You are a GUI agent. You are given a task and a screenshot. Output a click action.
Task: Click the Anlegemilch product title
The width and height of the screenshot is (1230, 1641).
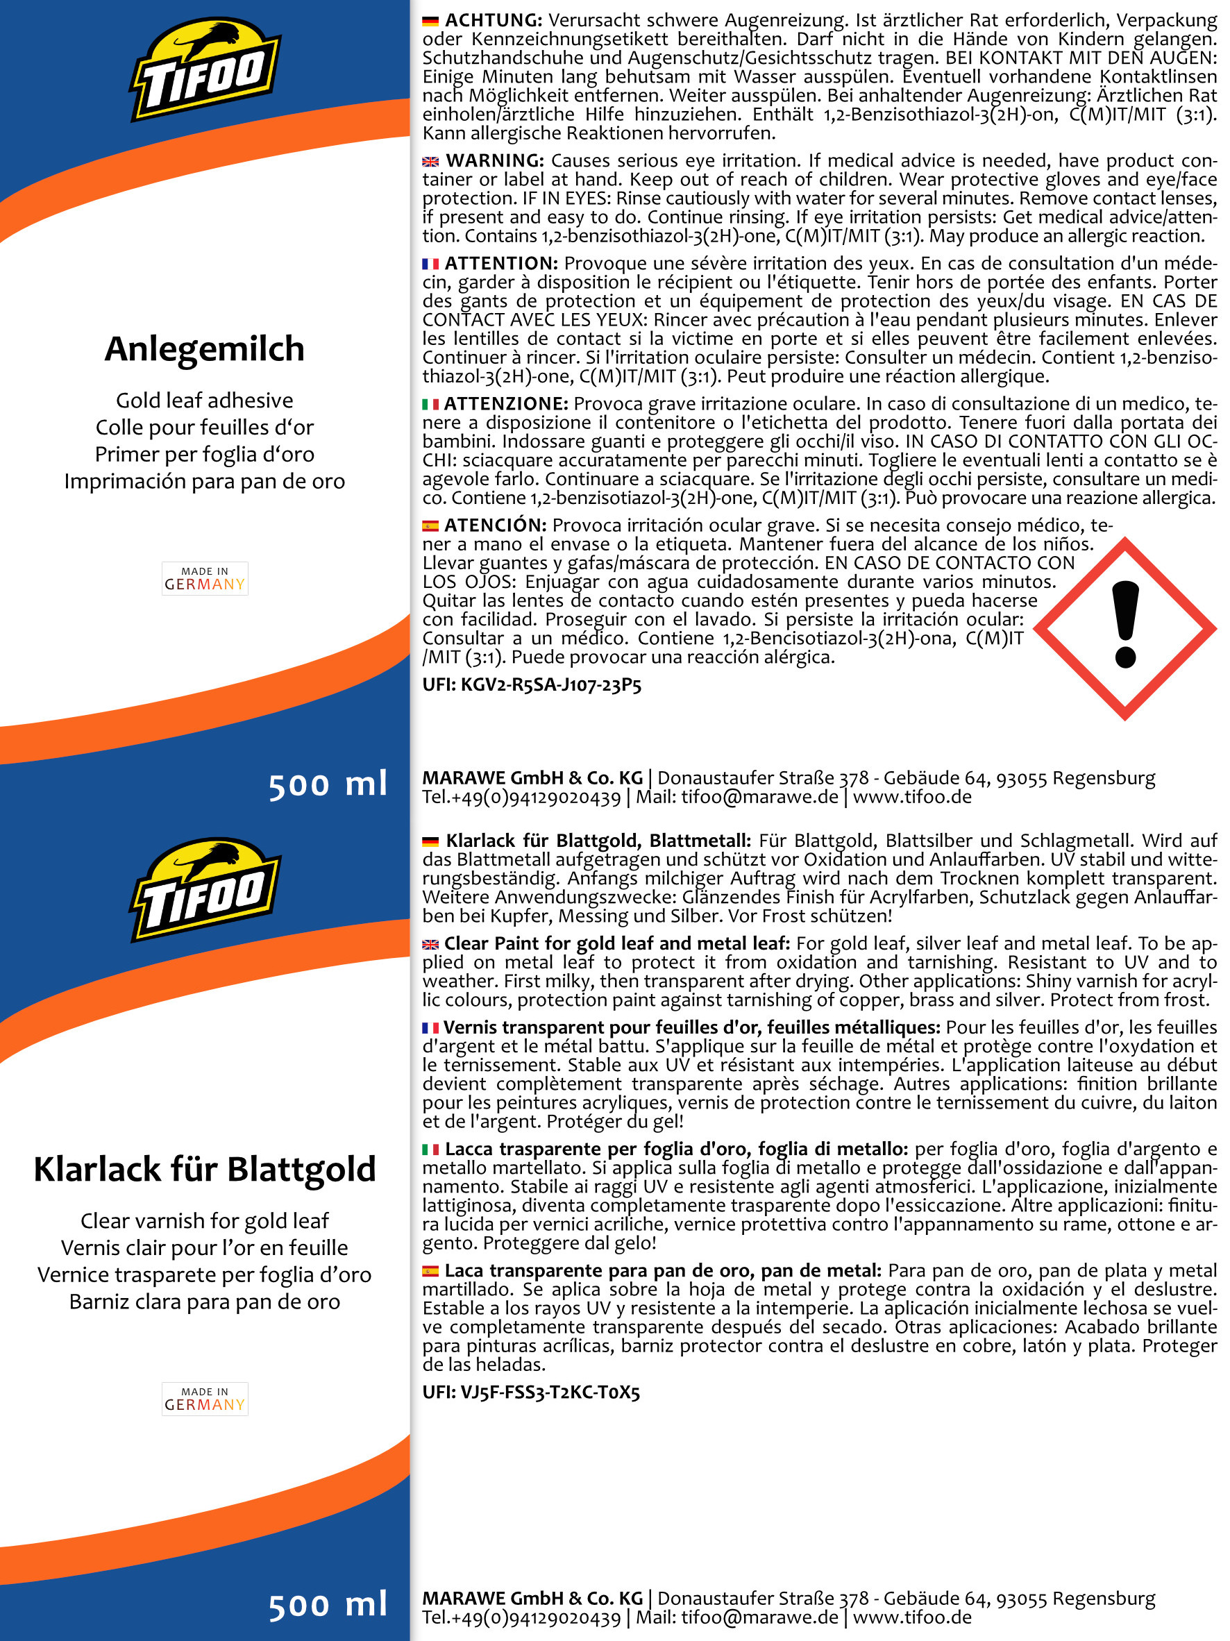point(204,349)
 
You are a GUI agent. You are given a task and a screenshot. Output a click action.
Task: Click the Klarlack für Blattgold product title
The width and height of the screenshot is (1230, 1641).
point(204,1170)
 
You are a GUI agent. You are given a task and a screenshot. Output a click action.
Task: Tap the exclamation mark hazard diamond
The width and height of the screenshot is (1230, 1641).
point(1124,628)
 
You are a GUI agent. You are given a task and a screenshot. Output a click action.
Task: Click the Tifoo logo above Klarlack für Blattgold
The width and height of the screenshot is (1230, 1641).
point(205,890)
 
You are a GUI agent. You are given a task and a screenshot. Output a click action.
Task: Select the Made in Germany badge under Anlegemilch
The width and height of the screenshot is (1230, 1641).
point(205,579)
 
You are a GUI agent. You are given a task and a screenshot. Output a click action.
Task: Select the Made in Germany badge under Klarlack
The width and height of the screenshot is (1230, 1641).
point(205,1399)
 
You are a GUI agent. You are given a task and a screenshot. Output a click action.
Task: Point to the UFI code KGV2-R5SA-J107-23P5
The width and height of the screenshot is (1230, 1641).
point(531,684)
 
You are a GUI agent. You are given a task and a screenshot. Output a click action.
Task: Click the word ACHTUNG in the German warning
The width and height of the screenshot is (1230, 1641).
point(494,21)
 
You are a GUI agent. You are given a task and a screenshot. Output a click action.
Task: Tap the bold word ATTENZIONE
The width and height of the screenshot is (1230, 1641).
point(506,404)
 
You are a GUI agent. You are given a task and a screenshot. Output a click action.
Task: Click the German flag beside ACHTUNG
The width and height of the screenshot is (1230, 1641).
point(430,22)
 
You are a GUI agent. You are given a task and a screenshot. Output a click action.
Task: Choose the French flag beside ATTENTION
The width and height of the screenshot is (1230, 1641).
point(430,264)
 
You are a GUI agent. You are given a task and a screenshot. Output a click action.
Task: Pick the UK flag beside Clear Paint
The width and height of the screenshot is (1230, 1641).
point(430,944)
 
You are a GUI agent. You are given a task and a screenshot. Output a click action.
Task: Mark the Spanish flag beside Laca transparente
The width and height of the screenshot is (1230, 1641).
point(430,1272)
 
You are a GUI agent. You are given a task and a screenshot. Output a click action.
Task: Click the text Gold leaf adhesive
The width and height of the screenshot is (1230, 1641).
point(204,401)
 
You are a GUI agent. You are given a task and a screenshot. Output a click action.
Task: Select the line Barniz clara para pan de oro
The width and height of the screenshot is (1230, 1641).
point(204,1302)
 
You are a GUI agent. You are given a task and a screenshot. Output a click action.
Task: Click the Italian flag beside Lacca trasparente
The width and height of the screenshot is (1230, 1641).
point(430,1150)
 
